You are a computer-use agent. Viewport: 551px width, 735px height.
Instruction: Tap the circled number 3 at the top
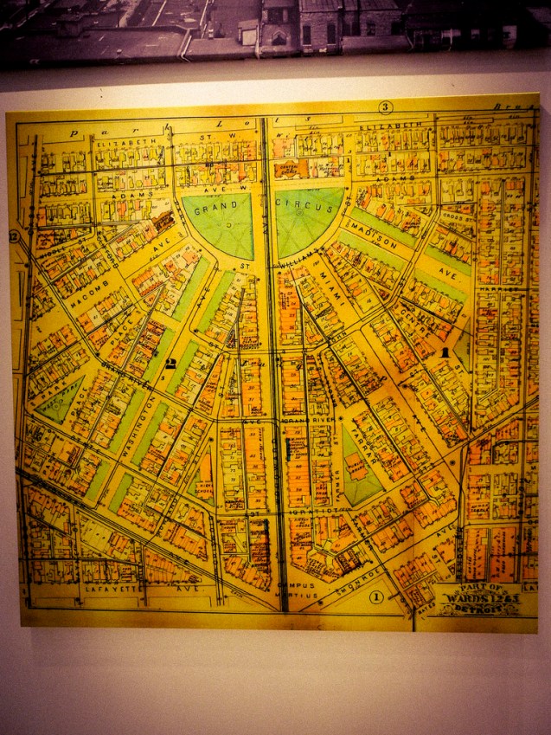click(386, 107)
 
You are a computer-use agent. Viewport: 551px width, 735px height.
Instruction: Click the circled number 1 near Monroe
click(376, 596)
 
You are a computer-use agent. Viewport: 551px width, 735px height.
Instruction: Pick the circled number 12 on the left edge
click(14, 237)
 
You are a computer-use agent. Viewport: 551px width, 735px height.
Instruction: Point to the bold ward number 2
click(171, 364)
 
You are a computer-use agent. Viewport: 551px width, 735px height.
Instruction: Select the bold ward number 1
click(445, 353)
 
